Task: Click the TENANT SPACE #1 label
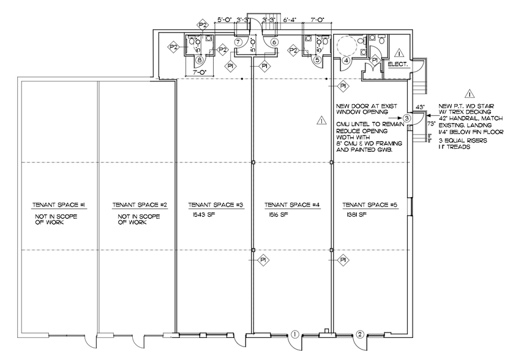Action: click(59, 205)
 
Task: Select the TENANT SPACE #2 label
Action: click(136, 205)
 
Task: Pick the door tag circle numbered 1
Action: click(294, 334)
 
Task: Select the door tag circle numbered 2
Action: click(360, 334)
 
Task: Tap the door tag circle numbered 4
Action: click(346, 60)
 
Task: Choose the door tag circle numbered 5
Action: click(318, 60)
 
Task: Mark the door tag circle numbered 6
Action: click(274, 42)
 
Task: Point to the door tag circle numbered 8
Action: click(200, 60)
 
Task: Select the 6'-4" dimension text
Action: click(290, 20)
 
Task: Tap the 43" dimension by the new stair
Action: click(420, 107)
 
